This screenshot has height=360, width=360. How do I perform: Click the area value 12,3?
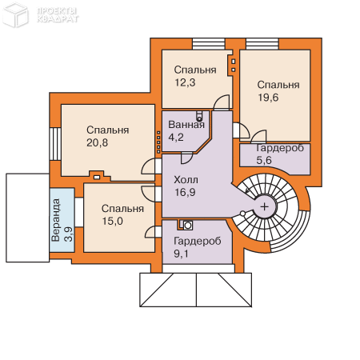(x=185, y=82)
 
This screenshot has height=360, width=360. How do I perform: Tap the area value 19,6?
(x=268, y=98)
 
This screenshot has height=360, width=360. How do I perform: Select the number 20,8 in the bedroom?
(x=97, y=142)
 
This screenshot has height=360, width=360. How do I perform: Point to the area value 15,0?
(x=113, y=221)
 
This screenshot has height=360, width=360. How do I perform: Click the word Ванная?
(x=186, y=125)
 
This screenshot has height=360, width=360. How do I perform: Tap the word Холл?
(x=186, y=180)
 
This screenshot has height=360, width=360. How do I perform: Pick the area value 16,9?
(x=185, y=192)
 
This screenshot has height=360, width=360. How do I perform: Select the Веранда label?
(x=56, y=220)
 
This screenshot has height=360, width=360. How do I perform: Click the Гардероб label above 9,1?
(x=198, y=241)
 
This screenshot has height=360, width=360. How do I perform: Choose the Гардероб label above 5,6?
(x=280, y=148)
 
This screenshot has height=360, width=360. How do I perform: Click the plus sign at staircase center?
(x=265, y=206)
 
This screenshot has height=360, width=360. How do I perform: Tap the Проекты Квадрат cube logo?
(x=15, y=15)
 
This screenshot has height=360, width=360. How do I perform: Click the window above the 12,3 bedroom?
(x=209, y=44)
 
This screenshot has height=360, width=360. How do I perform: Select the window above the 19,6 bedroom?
(x=262, y=44)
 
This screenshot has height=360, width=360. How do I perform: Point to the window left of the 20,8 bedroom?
(x=56, y=144)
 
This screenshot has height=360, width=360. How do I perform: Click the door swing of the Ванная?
(x=186, y=158)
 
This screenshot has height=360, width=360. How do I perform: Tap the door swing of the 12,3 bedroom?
(x=222, y=102)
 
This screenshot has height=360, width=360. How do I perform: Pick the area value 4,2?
(x=176, y=138)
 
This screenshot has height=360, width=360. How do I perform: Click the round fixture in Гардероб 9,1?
(x=188, y=226)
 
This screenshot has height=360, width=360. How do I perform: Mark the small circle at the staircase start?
(x=242, y=214)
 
